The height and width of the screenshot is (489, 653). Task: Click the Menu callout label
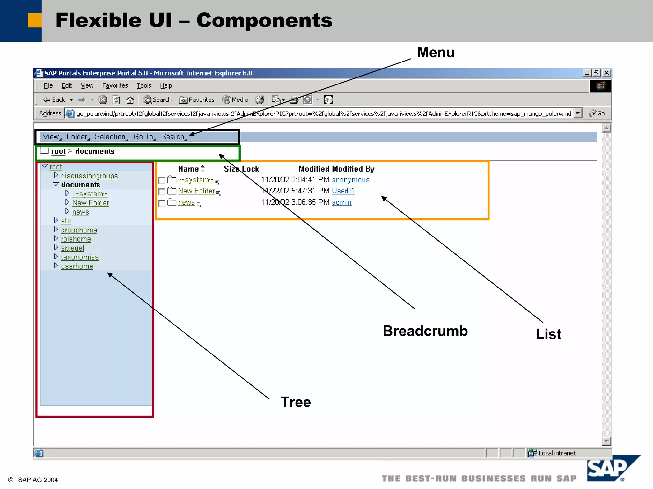pos(436,53)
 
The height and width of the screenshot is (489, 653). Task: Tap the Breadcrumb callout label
pos(425,331)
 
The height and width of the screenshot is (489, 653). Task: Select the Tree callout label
pos(295,402)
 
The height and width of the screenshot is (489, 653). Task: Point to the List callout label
pos(548,334)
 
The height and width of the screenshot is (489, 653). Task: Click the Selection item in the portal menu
pos(110,137)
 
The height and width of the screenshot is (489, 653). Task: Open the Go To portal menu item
pos(143,137)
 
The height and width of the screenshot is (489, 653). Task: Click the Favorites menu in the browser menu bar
pos(115,86)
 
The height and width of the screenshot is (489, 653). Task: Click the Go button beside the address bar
pos(597,113)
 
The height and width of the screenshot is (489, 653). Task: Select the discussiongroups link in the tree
pos(89,176)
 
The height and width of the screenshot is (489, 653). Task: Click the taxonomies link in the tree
pos(80,257)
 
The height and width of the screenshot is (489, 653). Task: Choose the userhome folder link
pos(77,266)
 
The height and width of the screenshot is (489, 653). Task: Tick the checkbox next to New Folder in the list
pos(162,192)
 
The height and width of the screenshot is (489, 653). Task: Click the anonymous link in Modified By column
pos(350,180)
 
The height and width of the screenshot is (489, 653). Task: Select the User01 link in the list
pos(343,191)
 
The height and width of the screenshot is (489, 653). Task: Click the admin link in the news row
pos(341,202)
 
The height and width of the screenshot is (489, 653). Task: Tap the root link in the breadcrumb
pos(58,152)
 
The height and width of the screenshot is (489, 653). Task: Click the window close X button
pos(607,73)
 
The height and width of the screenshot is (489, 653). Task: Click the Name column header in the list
pos(188,169)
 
